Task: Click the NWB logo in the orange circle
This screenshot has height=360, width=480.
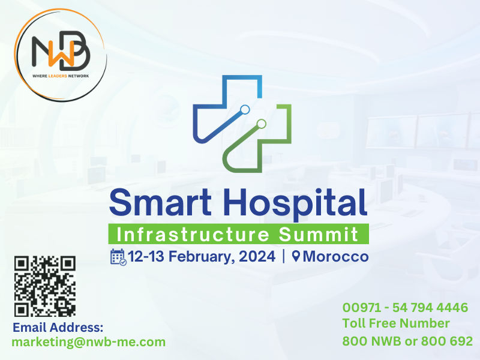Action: coord(61,55)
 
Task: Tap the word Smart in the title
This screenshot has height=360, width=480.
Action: coord(160,202)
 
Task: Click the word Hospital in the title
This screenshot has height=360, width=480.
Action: coord(295,204)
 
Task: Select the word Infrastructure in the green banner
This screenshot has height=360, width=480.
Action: coord(193,235)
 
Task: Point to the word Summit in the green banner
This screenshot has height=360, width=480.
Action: coord(319,235)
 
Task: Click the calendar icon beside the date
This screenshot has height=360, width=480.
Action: coord(118,257)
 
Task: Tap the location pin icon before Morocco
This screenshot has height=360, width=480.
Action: coord(296,256)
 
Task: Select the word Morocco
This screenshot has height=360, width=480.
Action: coord(335,257)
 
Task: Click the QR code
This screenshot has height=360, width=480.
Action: coord(45,286)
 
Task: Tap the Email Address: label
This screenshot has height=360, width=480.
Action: coord(58,328)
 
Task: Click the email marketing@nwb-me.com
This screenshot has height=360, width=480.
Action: coord(88,342)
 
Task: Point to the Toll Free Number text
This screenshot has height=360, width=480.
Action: coord(396,323)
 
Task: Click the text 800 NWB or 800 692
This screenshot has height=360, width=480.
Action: coord(407,341)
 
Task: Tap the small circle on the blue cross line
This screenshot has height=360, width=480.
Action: coord(245,110)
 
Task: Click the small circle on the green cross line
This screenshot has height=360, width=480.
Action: coord(261,124)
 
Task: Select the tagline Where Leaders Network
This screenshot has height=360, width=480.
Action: coord(61,76)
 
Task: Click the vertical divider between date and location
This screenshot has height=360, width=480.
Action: coord(284,256)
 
